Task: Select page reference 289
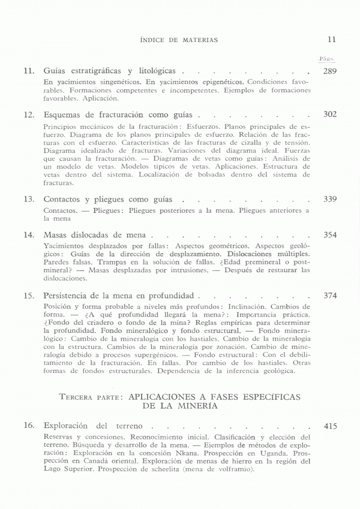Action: (330, 71)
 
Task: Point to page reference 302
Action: (330, 114)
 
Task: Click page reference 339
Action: (330, 198)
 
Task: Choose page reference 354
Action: (330, 234)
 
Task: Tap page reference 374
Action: (330, 296)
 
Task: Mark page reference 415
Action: (330, 426)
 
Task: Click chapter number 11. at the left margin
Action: (29, 71)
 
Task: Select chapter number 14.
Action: (29, 234)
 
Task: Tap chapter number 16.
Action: (29, 426)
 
